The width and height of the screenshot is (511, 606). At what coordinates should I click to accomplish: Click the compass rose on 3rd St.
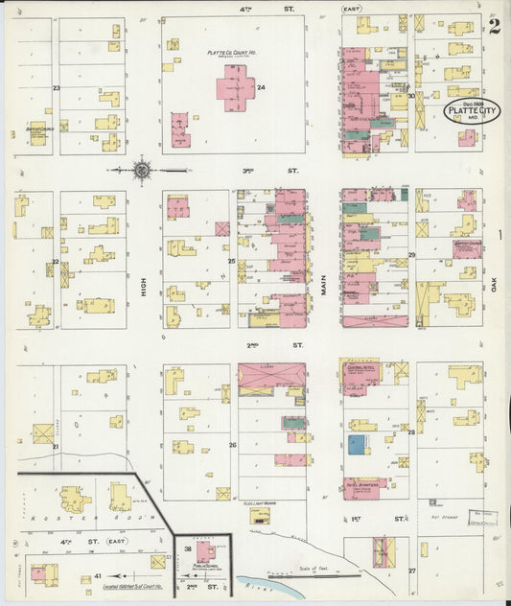[x=142, y=171]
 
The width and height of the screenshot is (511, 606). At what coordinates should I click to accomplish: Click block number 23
[x=57, y=88]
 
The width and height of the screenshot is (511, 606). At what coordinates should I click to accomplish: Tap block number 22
[x=56, y=261]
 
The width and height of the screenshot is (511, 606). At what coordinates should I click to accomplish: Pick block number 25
[x=231, y=261]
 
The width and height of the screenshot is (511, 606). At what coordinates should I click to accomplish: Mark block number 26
[x=232, y=445]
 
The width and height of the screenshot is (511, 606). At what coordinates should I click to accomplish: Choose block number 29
[x=411, y=254]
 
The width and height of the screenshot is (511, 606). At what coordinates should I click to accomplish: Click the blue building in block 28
[x=357, y=444]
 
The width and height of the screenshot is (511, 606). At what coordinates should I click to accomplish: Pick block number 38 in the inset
[x=188, y=548]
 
